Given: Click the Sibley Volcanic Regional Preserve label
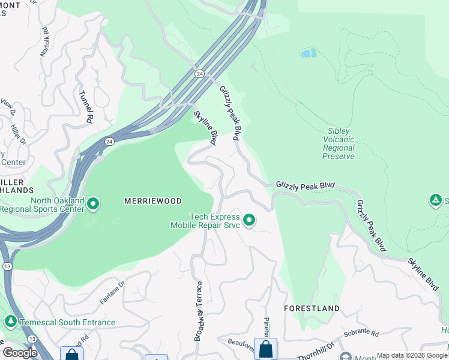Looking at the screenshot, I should click(x=339, y=143).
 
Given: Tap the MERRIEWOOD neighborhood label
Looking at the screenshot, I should click(x=152, y=200).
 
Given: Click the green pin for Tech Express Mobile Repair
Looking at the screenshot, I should click(x=249, y=221).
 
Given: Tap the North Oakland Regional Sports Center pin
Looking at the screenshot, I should click(x=93, y=205).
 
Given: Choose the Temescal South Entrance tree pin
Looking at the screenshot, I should click(x=10, y=322).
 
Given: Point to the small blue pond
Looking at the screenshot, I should click(x=308, y=53).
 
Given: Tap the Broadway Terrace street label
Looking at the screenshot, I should click(x=199, y=311).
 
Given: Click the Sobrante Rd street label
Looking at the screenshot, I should click(x=361, y=334).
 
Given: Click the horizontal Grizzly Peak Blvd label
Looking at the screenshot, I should click(x=305, y=186).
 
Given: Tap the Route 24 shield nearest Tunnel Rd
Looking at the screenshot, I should click(x=109, y=142).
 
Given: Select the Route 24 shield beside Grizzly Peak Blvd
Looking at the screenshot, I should click(x=199, y=73).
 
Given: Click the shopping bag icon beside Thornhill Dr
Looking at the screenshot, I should click(x=265, y=349).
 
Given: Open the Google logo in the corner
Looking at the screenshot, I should click(x=20, y=353).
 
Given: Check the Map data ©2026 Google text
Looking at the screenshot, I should click(x=412, y=356).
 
